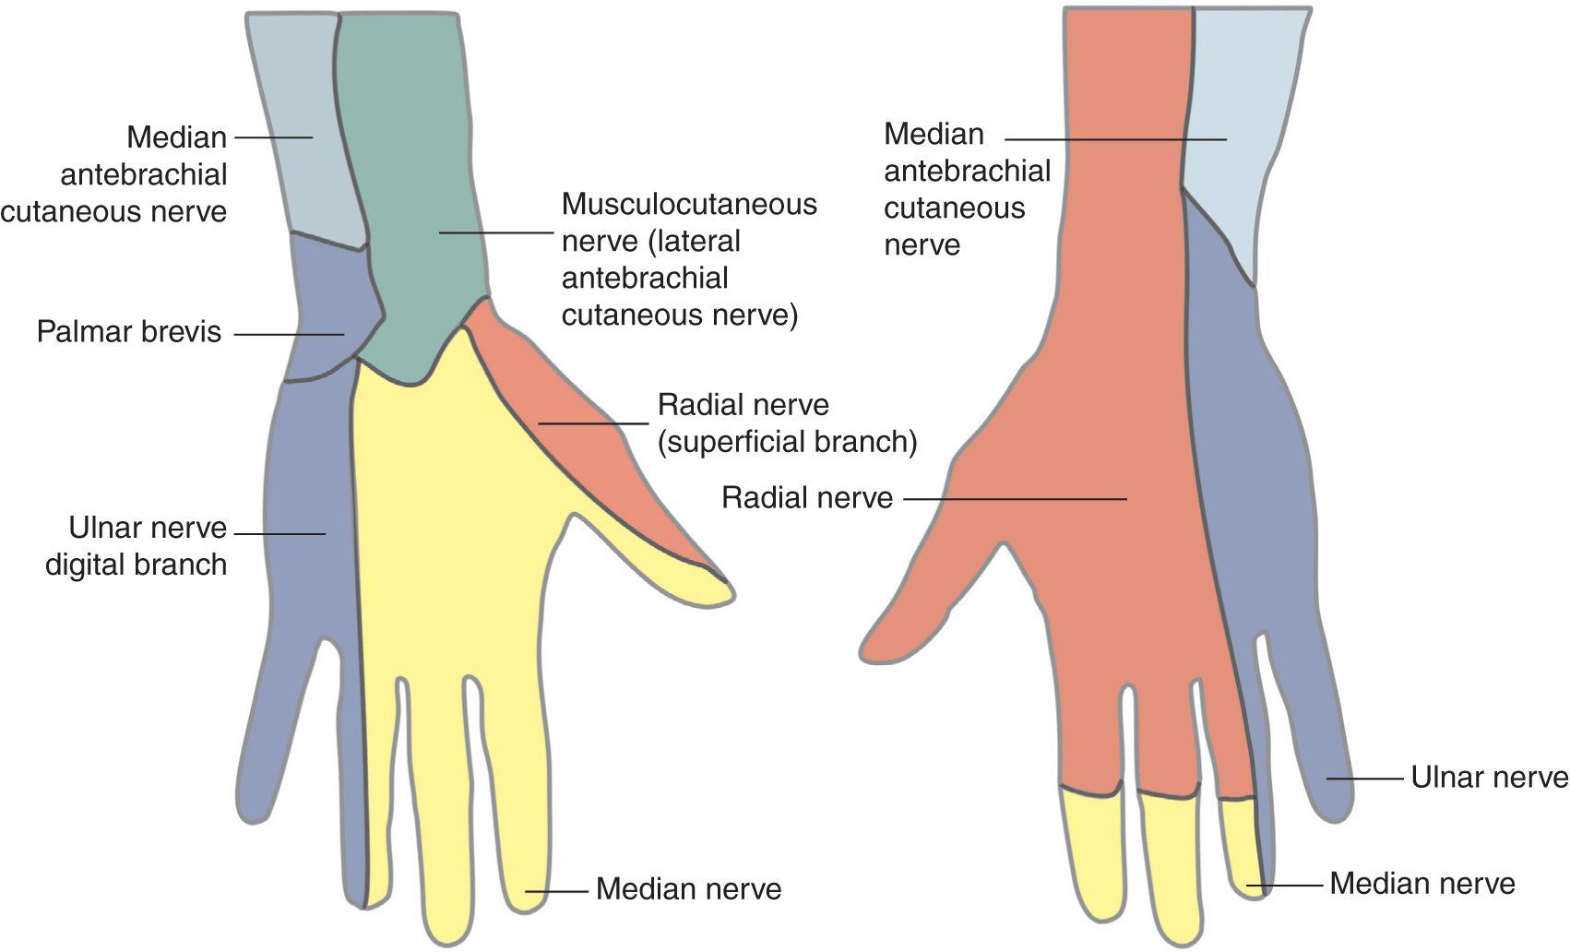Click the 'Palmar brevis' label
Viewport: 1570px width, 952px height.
(x=129, y=332)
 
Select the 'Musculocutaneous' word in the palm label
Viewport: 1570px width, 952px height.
(x=689, y=204)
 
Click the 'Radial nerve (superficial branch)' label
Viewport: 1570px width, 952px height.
(x=787, y=423)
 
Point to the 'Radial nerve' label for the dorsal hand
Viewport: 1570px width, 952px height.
(x=807, y=499)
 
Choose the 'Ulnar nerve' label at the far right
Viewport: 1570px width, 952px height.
(x=1489, y=778)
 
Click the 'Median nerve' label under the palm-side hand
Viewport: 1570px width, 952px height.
(x=688, y=889)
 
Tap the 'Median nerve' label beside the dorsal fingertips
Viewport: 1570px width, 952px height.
(x=1421, y=884)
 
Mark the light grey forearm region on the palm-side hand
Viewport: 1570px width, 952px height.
(x=304, y=138)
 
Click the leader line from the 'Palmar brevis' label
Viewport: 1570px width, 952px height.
(x=288, y=334)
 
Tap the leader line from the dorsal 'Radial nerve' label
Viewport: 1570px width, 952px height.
(x=1015, y=499)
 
